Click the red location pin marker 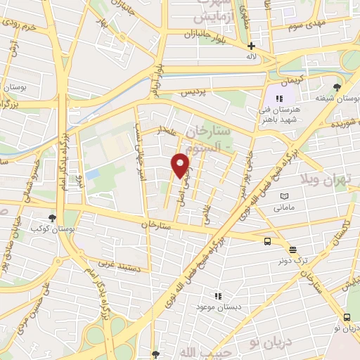(x=180, y=165)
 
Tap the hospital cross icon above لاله (x=251, y=46)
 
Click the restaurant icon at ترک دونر (x=292, y=249)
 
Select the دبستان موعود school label (x=219, y=308)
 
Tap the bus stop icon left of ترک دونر (x=267, y=241)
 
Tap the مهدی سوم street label (x=307, y=25)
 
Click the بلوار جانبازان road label (x=201, y=34)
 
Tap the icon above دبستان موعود (x=219, y=296)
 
